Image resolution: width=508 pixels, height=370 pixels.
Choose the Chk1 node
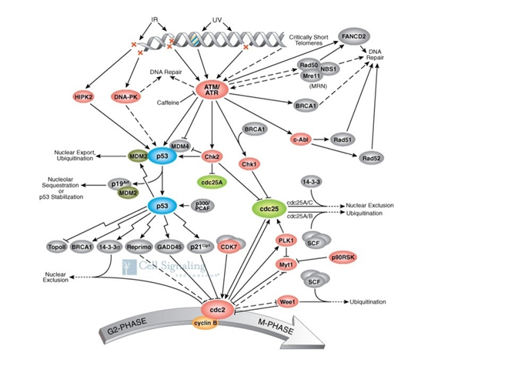(249, 164)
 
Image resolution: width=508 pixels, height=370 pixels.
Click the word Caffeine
(169, 101)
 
